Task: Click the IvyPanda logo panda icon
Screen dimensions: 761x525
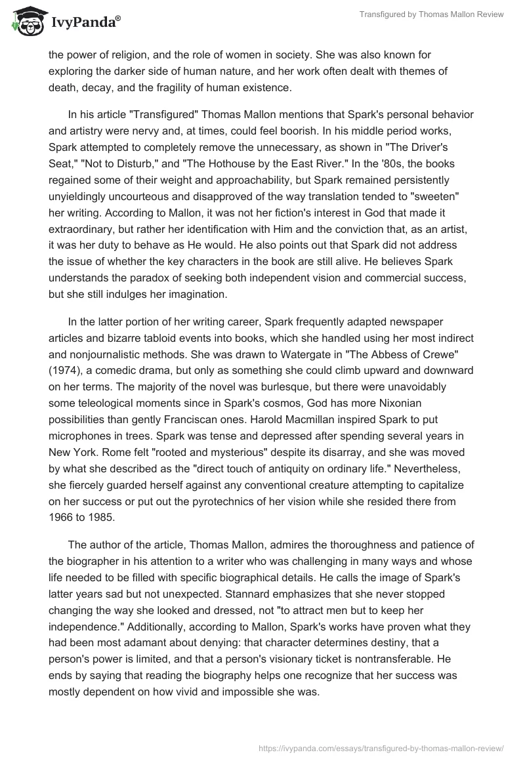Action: [x=26, y=22]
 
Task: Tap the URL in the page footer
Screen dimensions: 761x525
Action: [x=381, y=747]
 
